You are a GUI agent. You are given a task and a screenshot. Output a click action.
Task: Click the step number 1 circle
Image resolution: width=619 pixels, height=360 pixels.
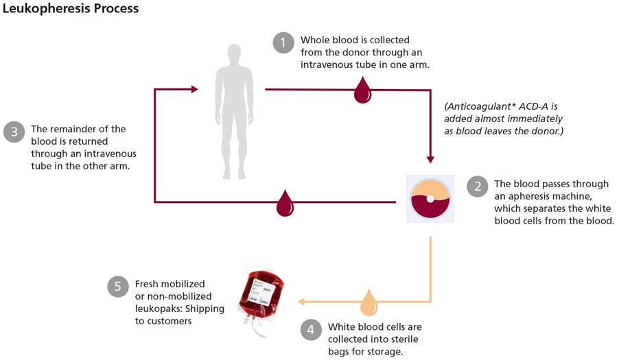click(x=283, y=43)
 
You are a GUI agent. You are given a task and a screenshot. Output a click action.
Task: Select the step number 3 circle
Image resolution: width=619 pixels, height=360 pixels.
click(x=14, y=132)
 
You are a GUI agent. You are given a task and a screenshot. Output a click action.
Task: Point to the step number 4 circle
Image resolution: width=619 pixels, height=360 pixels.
click(x=311, y=329)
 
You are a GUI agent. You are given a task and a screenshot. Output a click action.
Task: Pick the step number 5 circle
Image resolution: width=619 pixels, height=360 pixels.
click(x=118, y=287)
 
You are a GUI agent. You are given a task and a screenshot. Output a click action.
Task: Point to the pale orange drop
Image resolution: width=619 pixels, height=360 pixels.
click(x=369, y=302)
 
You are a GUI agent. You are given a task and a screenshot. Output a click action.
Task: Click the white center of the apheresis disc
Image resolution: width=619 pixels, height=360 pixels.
click(x=430, y=199)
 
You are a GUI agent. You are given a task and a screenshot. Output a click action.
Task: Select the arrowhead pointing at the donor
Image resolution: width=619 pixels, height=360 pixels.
click(x=194, y=89)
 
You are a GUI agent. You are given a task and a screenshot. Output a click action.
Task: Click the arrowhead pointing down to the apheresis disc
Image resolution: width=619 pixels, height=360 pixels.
click(x=430, y=158)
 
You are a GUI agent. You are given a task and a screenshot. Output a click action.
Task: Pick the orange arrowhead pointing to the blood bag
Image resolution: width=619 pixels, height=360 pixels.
click(x=301, y=302)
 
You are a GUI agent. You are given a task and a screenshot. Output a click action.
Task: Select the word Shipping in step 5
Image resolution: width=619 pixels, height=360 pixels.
click(x=205, y=309)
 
